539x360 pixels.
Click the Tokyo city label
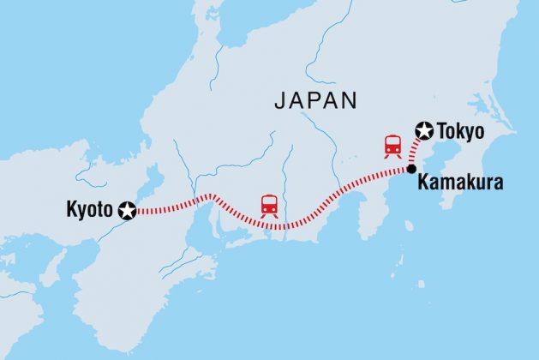[x=461, y=132]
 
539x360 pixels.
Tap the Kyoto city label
[x=88, y=208]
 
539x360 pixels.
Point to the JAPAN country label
[x=316, y=100]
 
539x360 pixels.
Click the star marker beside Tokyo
[x=424, y=130]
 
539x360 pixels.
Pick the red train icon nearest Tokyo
[x=393, y=146]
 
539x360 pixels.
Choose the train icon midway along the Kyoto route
[x=269, y=206]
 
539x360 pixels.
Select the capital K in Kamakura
[x=422, y=183]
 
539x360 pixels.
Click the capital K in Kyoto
[x=70, y=208]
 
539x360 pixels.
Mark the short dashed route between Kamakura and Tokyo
[x=416, y=153]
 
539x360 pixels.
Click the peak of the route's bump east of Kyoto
[x=209, y=196]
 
